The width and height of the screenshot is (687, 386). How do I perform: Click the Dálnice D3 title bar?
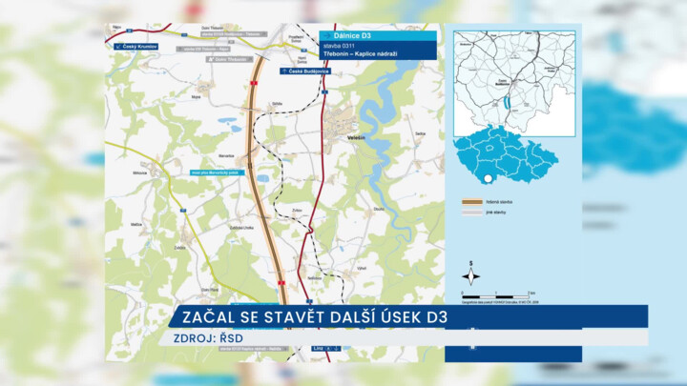tap(379, 35)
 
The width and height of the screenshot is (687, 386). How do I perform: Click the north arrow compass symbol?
tap(470, 275)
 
